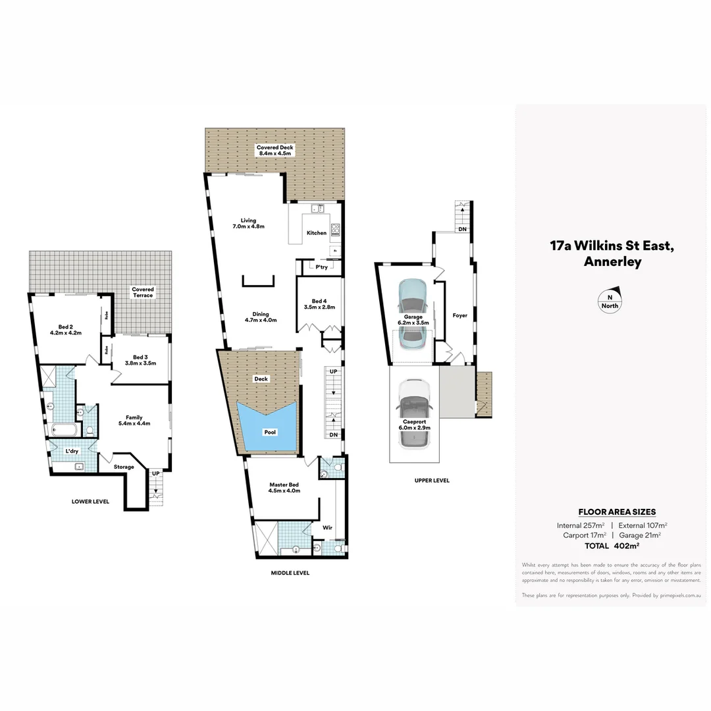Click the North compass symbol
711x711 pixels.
(610, 300)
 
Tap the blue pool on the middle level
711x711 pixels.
(267, 428)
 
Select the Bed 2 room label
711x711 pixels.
(65, 327)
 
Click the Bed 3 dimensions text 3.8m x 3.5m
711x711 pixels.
(140, 363)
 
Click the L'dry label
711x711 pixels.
(73, 451)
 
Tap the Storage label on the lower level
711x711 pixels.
(124, 467)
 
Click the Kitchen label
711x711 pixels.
(316, 233)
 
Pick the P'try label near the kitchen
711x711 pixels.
(321, 267)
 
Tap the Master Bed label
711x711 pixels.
(284, 485)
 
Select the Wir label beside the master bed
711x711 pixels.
(327, 527)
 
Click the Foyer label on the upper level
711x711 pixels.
(460, 315)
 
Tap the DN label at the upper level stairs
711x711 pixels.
(462, 229)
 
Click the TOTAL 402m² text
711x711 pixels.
(612, 546)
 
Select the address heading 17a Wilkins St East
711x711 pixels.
(612, 246)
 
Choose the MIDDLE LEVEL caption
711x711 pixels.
(290, 573)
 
